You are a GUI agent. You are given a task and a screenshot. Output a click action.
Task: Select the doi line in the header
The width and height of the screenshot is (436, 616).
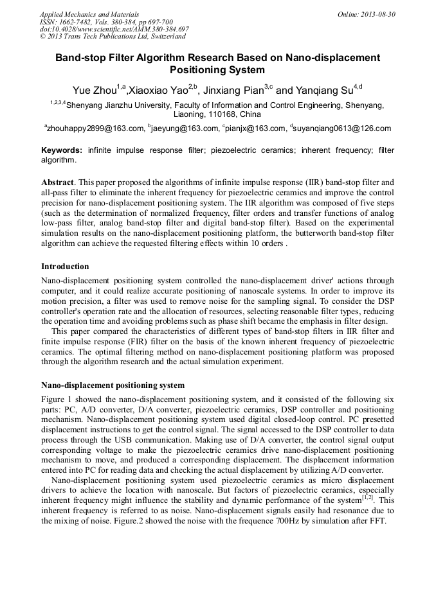pos(114,30)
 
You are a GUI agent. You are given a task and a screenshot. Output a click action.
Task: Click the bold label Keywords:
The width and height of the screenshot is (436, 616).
pos(62,150)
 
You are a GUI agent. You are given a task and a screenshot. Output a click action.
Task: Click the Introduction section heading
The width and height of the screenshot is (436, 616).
pos(65,266)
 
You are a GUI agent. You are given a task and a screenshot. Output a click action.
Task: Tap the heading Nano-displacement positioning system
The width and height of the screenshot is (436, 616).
pos(113,385)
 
